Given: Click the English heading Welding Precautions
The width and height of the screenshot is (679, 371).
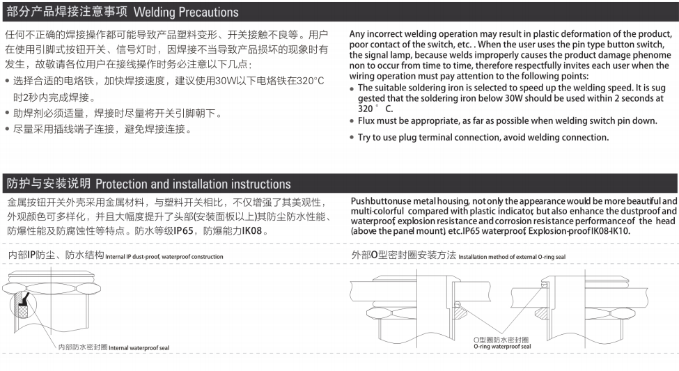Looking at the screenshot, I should point(185,13).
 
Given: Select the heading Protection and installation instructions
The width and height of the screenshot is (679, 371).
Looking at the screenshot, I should point(193,184).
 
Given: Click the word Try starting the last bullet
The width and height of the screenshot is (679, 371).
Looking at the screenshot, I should point(365,137).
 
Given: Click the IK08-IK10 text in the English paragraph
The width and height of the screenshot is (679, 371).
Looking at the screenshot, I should point(610,230).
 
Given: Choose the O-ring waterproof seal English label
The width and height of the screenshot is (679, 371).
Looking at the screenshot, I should point(501,346).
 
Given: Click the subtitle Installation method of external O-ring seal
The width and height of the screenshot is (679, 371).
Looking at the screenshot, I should point(512,257).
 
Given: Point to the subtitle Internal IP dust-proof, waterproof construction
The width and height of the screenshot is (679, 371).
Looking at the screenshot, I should point(164,257).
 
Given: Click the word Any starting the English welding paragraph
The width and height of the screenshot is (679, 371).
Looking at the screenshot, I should point(358,34).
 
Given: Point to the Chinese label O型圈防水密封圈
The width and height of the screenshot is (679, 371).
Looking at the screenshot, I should point(501,339).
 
